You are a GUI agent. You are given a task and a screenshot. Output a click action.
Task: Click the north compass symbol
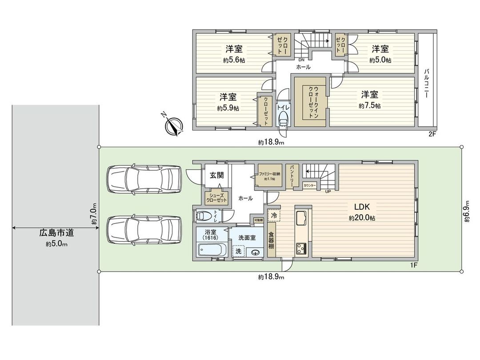[173, 125]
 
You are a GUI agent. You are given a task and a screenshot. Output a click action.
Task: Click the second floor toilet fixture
[283, 119]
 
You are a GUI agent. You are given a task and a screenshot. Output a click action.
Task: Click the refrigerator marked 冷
[274, 215]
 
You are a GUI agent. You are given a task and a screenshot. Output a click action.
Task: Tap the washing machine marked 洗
[238, 252]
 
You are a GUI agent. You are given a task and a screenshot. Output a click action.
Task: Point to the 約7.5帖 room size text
[369, 106]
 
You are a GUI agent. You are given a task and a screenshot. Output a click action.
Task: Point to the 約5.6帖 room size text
[233, 60]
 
